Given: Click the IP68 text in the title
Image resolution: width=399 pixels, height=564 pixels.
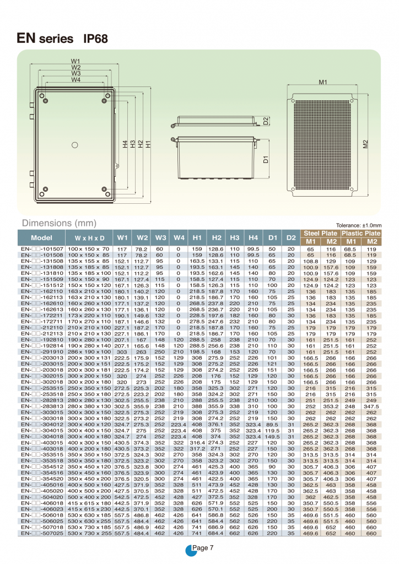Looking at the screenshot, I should coord(95,39).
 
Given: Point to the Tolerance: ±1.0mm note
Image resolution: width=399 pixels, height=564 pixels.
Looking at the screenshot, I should coord(359,225).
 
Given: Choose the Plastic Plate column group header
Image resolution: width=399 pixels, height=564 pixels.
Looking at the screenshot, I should coord(361,234).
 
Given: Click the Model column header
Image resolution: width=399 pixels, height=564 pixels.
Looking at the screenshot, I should coord(41,238).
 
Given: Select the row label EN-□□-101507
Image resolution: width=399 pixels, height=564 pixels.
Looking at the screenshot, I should coord(42,249).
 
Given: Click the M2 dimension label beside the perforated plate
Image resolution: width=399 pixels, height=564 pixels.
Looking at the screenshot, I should coord(365,145).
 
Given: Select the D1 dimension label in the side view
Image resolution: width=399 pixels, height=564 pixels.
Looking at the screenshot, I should coord(266,160).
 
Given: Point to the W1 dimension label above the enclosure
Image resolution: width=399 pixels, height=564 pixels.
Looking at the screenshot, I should coord(76,61).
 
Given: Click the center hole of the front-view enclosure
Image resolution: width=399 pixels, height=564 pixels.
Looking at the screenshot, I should coord(75,145).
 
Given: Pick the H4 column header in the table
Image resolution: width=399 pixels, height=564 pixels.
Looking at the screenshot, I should coord(253,238).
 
